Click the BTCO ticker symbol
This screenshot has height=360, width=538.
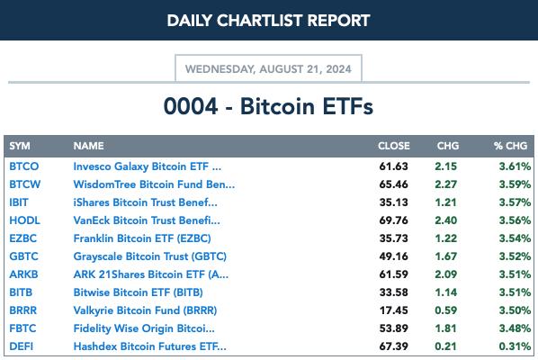tap(24, 166)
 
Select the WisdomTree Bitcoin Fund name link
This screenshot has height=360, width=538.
tap(154, 184)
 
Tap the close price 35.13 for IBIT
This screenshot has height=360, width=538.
tap(393, 202)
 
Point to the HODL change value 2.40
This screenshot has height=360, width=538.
tap(445, 220)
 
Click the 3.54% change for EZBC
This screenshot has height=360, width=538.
tap(515, 238)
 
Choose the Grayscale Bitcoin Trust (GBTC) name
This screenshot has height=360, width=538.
tap(150, 256)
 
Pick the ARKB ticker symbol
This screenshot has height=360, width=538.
tap(23, 274)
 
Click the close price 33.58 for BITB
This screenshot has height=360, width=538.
tap(393, 292)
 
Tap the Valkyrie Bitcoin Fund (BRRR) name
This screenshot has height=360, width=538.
tap(145, 310)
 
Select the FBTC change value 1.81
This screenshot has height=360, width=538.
tap(445, 328)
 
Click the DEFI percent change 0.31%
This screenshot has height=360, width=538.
tap(515, 346)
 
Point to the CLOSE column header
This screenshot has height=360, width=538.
tap(394, 146)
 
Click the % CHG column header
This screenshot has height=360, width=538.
tap(510, 146)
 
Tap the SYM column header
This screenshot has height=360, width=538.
tap(20, 146)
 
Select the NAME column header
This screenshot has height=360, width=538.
tap(88, 146)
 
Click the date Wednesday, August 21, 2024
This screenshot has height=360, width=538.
tap(268, 69)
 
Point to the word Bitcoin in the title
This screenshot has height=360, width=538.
tap(277, 106)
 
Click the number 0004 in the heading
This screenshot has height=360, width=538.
tap(191, 106)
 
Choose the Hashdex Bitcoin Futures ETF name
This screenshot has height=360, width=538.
tap(150, 346)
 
